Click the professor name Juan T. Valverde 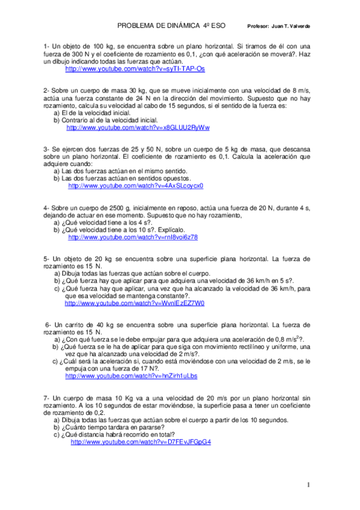(291, 27)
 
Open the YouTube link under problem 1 (135, 69)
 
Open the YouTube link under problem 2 (138, 127)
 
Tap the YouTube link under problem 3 (136, 186)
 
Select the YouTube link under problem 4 (133, 238)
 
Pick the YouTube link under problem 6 (131, 376)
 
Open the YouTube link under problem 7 (141, 441)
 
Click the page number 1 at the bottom (308, 485)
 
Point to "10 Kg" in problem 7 (121, 398)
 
